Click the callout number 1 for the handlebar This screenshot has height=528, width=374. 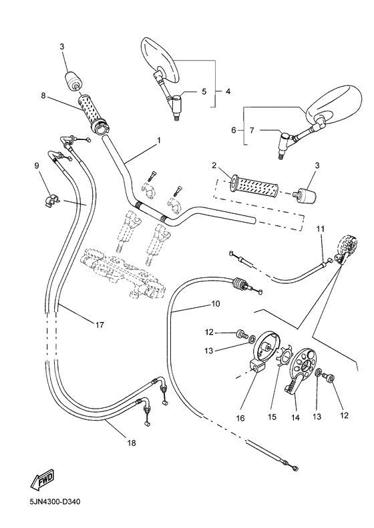(x=158, y=141)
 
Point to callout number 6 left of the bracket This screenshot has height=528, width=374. (x=234, y=131)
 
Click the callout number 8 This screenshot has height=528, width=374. (x=43, y=96)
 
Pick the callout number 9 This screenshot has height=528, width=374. (x=37, y=165)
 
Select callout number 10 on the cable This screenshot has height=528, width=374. (x=215, y=303)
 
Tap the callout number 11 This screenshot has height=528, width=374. (x=320, y=229)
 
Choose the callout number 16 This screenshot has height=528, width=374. (x=240, y=418)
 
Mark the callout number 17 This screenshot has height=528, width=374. (x=99, y=325)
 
